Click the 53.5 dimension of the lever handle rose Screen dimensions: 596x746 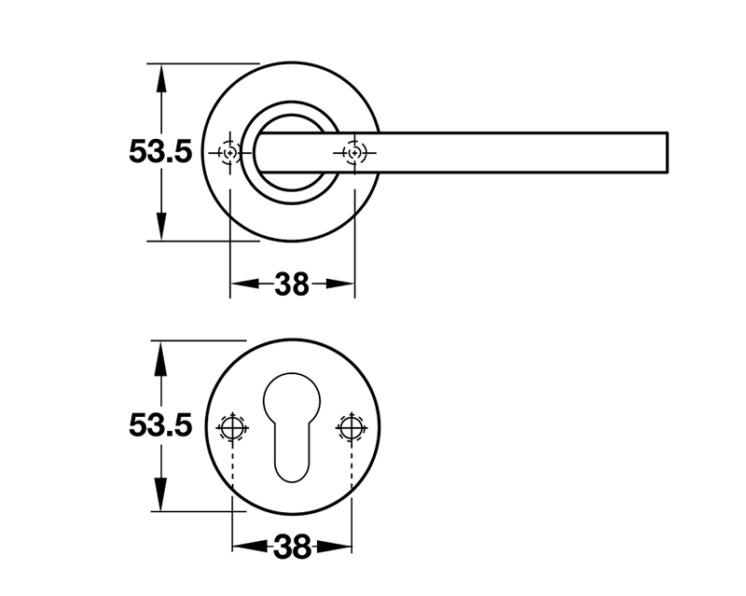pos(160,151)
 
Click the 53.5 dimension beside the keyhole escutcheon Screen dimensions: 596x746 pos(160,426)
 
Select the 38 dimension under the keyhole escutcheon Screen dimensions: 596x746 pos(292,547)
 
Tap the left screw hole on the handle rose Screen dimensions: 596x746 pos(229,152)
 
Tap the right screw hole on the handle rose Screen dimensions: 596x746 pos(353,152)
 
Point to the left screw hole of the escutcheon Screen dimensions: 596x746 pos(231,427)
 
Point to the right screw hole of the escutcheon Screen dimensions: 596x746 pos(351,427)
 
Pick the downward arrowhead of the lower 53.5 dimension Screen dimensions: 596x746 pos(161,497)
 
